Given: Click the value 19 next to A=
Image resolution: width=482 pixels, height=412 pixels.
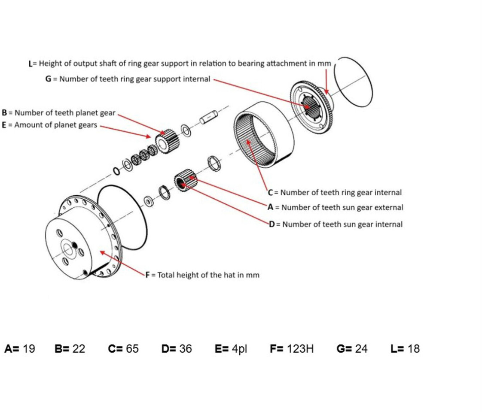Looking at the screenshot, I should click(29, 348).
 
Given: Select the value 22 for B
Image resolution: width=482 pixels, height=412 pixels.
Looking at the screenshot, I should click(79, 348).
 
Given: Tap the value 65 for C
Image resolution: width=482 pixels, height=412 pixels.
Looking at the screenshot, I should click(132, 348).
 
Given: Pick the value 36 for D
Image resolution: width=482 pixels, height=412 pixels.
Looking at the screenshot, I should click(185, 348).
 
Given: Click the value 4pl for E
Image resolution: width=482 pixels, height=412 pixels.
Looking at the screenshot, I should click(239, 348).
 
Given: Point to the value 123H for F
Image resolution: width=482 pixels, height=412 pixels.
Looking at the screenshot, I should click(300, 348).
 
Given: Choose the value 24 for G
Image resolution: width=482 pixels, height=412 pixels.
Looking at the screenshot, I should click(361, 348).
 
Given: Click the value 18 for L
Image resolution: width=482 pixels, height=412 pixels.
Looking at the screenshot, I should click(413, 348).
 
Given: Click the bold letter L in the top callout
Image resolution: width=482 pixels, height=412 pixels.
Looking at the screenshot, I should click(31, 64).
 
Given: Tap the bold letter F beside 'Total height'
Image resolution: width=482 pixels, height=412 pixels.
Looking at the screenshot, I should click(147, 275).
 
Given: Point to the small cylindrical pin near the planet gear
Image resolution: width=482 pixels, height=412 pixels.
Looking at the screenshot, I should click(208, 117).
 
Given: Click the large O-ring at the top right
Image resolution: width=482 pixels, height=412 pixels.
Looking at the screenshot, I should click(353, 82).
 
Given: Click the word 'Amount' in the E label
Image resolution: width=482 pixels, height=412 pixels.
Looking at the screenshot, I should click(27, 125).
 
